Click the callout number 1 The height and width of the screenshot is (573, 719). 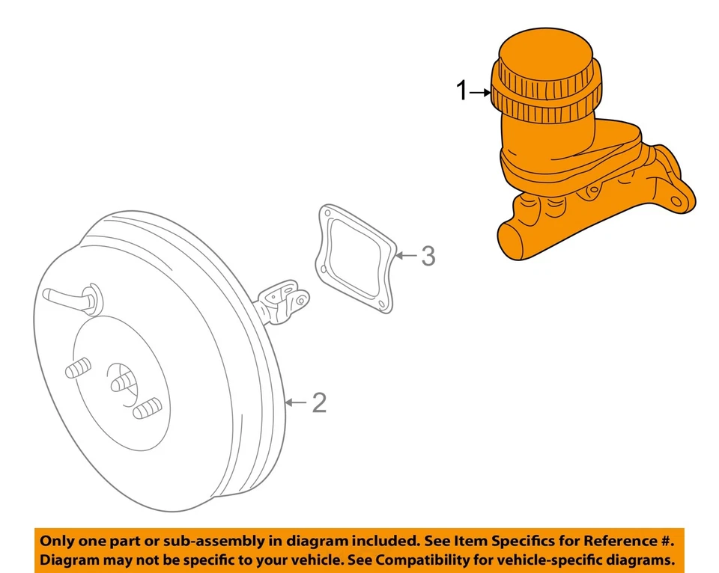coord(462,92)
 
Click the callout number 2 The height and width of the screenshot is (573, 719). coord(319,403)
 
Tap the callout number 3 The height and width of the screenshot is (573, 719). coord(427,256)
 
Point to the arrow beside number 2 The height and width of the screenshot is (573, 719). coord(297,403)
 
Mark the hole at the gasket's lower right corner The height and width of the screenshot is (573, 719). coord(382,303)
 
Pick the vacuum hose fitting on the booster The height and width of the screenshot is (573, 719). coord(71,297)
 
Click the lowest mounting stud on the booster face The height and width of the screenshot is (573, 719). coord(147,409)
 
